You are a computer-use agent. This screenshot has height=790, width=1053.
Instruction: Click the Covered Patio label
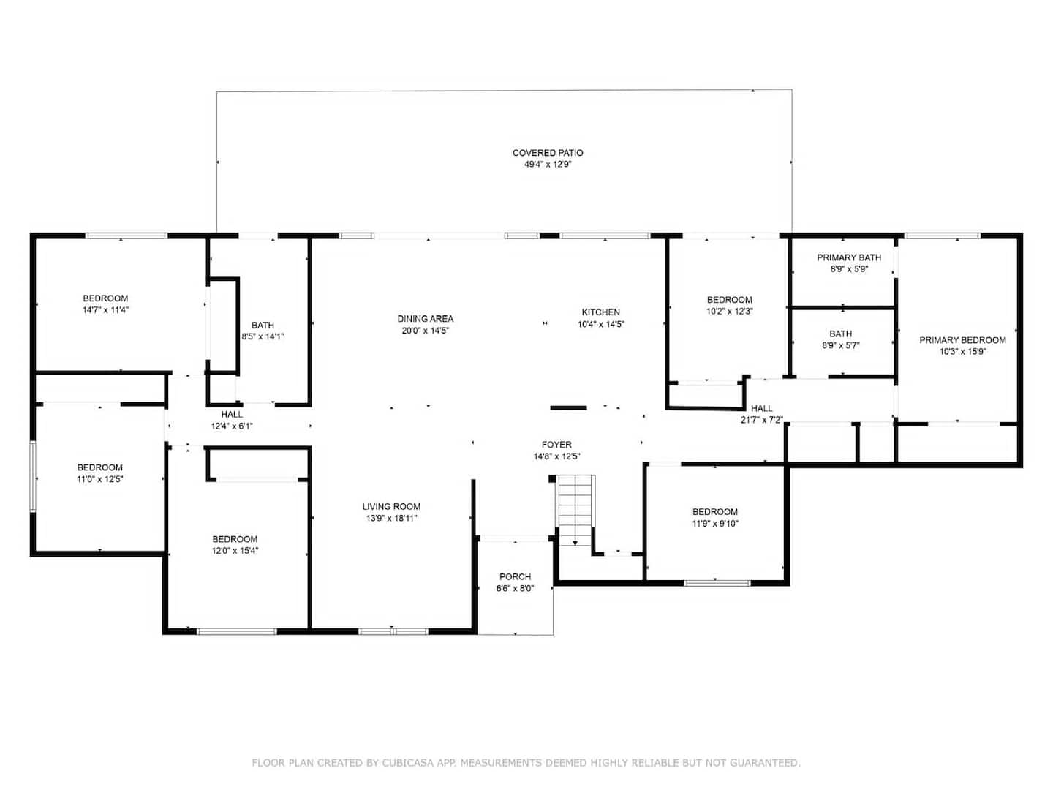(548, 153)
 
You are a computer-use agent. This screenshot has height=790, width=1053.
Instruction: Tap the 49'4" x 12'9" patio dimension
(548, 165)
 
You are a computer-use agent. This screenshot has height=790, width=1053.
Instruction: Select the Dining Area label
(425, 318)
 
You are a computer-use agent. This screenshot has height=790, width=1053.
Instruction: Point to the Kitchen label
(600, 312)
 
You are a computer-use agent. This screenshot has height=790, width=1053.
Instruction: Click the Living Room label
(391, 506)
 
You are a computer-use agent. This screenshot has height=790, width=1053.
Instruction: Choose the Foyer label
(556, 445)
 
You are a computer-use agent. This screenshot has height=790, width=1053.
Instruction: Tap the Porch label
(516, 576)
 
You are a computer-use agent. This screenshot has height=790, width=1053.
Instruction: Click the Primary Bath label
(849, 257)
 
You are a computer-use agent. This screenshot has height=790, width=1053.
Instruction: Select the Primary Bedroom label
(962, 340)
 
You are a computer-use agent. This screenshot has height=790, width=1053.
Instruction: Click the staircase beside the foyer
(575, 509)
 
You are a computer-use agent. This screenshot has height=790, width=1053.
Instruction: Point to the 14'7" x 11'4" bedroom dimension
(105, 310)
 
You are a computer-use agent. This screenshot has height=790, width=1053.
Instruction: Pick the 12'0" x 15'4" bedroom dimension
(235, 551)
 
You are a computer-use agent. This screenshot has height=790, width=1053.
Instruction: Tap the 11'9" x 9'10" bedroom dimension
(714, 523)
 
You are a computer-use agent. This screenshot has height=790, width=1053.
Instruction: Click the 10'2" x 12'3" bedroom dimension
(729, 312)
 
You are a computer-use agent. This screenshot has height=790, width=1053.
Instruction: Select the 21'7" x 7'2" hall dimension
(762, 420)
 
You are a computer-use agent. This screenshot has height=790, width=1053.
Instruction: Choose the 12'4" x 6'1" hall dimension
(232, 426)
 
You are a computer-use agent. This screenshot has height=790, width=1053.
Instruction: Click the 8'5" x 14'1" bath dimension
(263, 336)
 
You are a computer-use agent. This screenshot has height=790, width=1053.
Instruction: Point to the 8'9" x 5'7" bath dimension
(840, 345)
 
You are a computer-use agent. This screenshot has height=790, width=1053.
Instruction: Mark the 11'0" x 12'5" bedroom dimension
(99, 478)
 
